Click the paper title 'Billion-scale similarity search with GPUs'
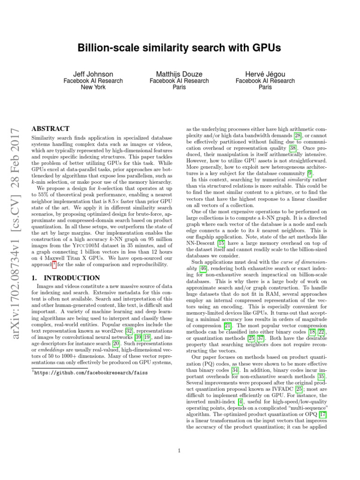click(x=180, y=49)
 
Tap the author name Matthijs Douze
click(x=179, y=74)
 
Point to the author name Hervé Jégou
click(x=265, y=74)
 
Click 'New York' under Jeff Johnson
click(x=93, y=87)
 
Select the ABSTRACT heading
click(x=50, y=128)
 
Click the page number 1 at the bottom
click(x=180, y=451)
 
